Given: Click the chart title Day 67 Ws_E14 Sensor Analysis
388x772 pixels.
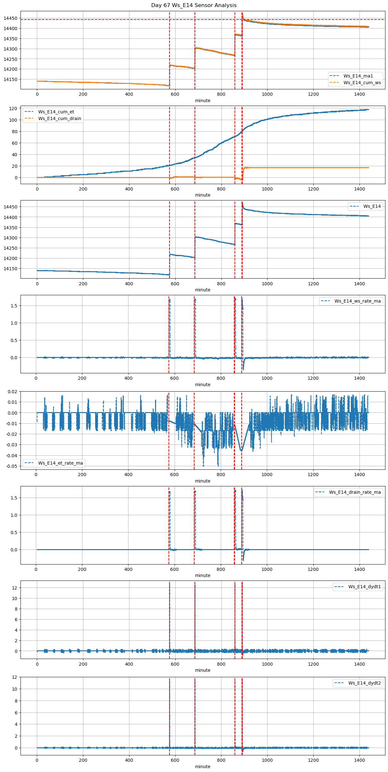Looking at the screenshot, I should (194, 5).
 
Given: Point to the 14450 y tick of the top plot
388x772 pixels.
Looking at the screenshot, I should (11, 18).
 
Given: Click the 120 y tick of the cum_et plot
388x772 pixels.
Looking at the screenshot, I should (13, 109).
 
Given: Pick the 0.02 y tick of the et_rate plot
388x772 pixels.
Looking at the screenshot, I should (12, 391).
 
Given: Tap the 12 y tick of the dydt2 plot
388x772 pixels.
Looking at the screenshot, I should (14, 677).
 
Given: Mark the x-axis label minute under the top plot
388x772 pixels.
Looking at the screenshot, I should (203, 101).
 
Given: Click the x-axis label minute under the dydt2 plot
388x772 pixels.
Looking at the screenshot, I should (203, 767).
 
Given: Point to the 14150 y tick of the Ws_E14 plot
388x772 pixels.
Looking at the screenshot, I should (11, 269).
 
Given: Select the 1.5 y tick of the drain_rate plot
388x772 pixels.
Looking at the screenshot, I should (14, 498).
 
